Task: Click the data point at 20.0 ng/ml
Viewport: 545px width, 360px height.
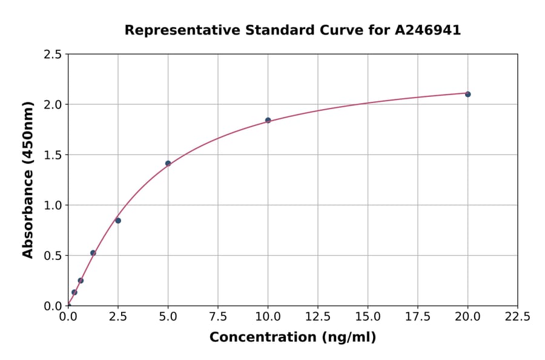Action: click(467, 94)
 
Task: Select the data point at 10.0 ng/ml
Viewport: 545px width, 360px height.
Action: click(268, 120)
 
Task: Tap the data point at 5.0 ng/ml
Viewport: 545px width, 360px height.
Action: click(168, 163)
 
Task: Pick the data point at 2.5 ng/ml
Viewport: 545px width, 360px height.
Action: click(118, 221)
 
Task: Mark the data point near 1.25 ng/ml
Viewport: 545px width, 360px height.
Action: click(93, 253)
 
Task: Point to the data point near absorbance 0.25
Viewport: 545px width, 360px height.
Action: click(81, 281)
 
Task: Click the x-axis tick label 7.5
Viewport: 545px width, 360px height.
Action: click(218, 317)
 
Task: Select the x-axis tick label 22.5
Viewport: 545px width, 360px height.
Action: click(517, 317)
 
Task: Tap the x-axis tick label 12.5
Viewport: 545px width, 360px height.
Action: click(318, 317)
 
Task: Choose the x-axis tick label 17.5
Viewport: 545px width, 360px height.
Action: click(418, 317)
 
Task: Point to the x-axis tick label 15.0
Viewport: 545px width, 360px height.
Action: click(368, 317)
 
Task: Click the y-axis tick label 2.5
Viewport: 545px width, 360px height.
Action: click(53, 55)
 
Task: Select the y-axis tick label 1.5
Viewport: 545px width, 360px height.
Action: click(53, 155)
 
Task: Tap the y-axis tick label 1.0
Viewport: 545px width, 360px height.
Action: click(53, 205)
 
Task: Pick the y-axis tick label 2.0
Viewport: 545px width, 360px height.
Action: click(53, 105)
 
